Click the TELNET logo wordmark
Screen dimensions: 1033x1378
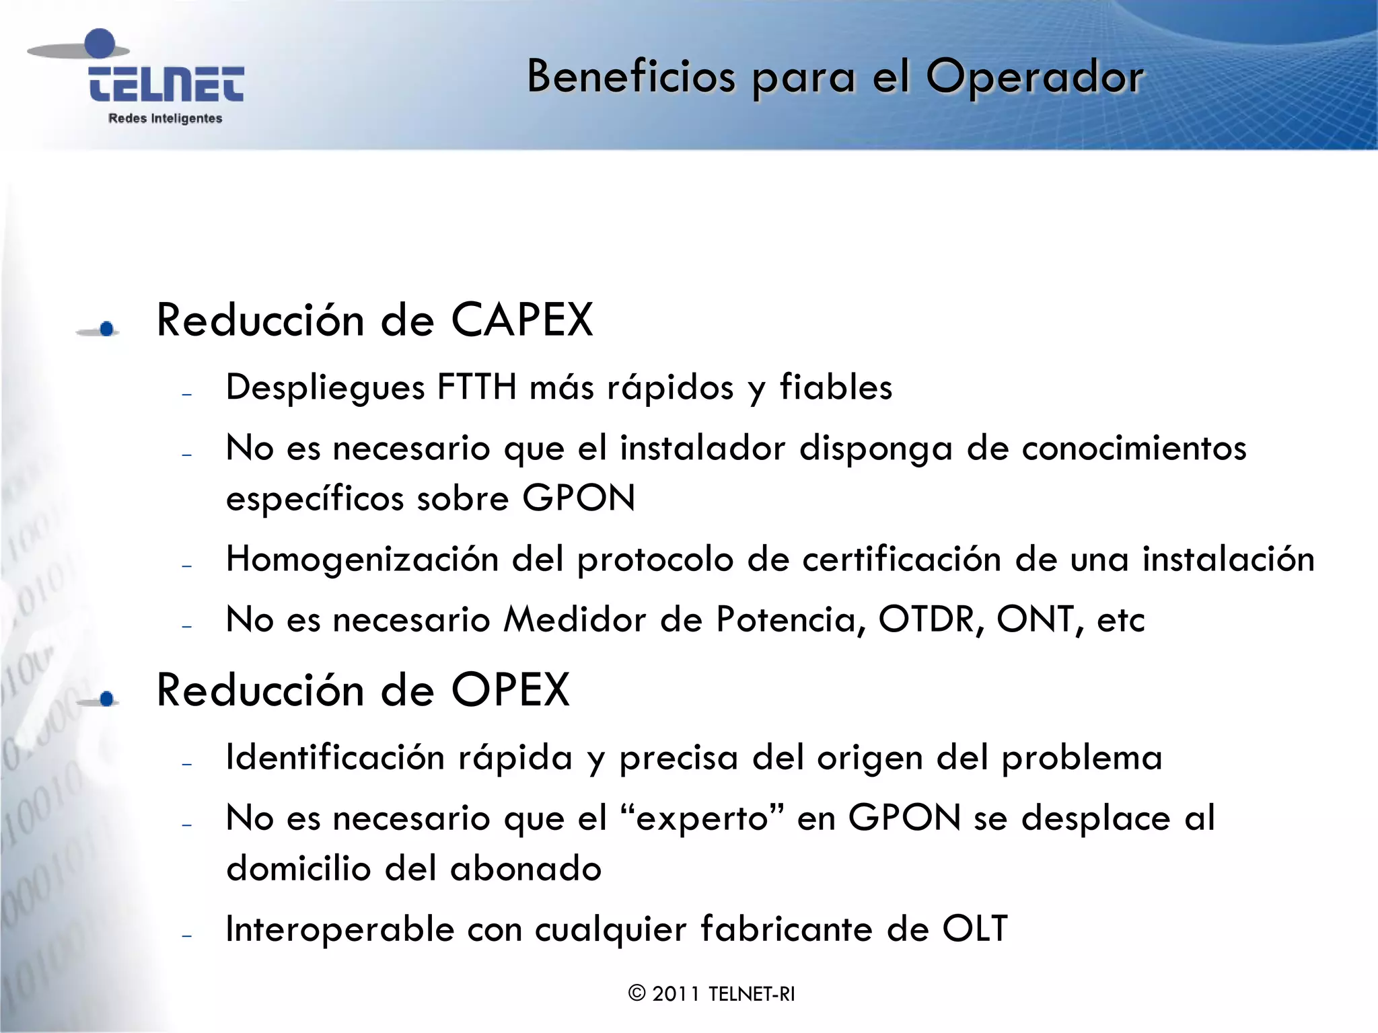[x=166, y=84]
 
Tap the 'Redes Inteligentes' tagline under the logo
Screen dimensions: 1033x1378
[x=165, y=118]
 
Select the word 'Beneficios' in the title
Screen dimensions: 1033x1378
[x=631, y=76]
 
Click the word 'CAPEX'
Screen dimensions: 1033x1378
[x=522, y=319]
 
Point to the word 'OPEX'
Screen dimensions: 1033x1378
[x=511, y=690]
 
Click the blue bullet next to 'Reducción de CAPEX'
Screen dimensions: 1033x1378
[x=106, y=329]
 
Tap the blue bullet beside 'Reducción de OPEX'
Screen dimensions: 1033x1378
[x=106, y=699]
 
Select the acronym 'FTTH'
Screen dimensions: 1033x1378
[x=477, y=387]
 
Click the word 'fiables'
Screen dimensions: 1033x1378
[x=836, y=387]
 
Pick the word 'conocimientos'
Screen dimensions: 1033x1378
[x=1134, y=449]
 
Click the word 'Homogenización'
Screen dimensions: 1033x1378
[x=362, y=560]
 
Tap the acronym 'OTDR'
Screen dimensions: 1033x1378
[x=927, y=619]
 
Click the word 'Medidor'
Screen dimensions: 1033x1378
[x=575, y=619]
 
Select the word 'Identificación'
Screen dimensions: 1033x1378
[x=335, y=758]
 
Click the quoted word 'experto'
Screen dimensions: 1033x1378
[x=702, y=818]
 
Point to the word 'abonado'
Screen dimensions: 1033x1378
[x=525, y=868]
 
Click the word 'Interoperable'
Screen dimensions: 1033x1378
[x=340, y=929]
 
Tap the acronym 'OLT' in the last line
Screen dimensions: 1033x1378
[x=975, y=929]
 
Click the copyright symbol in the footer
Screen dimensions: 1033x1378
[x=637, y=993]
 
